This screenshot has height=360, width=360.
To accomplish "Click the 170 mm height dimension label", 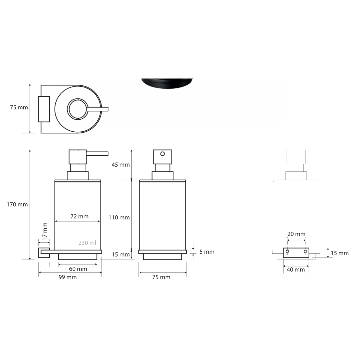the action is point(17,204).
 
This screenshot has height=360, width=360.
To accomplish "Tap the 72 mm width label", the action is point(80,216).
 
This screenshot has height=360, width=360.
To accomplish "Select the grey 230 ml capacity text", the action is point(87,243).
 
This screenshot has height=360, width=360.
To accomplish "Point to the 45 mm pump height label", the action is point(121,165).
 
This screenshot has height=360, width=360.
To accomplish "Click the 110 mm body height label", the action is point(119,217).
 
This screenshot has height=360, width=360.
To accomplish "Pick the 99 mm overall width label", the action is point(68,277).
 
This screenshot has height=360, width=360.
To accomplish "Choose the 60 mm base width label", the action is point(78,269).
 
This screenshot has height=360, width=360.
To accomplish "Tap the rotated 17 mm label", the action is point(45,231).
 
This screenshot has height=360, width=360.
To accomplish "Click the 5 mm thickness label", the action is point(207,252).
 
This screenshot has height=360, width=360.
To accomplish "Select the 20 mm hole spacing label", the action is point(297,234).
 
